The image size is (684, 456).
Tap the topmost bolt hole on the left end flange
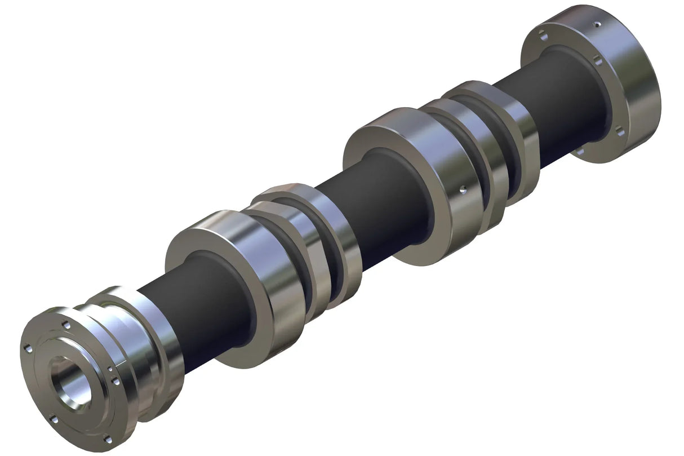pyautogui.click(x=66, y=325)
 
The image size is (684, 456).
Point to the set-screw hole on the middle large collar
pyautogui.click(x=463, y=189)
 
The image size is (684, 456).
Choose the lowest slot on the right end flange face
pyautogui.click(x=580, y=151)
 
